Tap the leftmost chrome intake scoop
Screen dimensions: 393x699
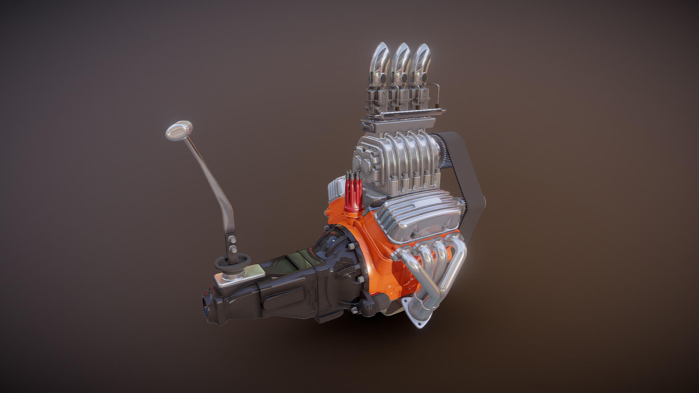[380, 62]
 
